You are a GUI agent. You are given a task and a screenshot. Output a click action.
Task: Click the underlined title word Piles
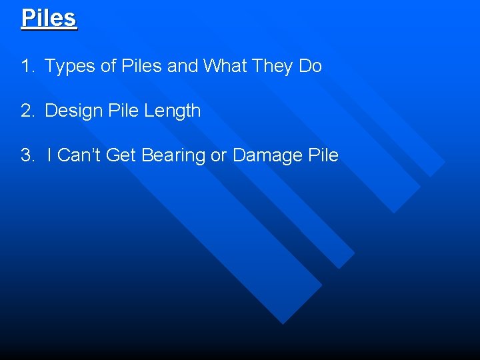click(49, 18)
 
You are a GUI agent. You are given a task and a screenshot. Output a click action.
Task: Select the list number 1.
click(27, 66)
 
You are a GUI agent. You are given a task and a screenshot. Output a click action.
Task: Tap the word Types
click(69, 66)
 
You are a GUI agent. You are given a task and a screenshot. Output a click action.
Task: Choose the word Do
click(311, 66)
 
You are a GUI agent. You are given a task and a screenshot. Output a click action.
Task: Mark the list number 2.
click(27, 111)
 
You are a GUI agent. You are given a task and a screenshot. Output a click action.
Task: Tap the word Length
click(171, 111)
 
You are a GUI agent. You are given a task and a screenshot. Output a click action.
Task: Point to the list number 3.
click(27, 155)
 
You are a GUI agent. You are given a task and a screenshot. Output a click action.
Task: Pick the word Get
click(121, 155)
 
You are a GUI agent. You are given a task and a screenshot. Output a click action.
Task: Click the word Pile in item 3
click(324, 155)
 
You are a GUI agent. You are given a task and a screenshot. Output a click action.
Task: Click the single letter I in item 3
click(50, 155)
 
